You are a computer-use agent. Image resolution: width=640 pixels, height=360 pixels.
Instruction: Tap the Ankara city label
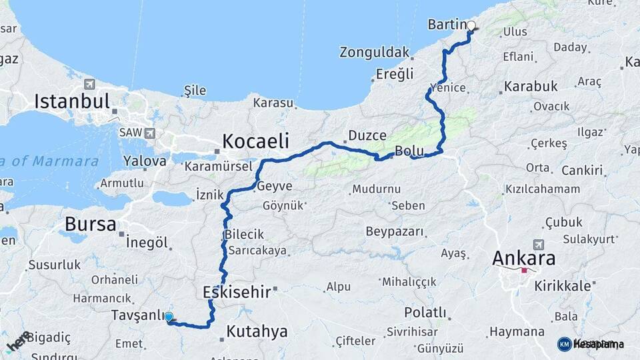(x=524, y=259)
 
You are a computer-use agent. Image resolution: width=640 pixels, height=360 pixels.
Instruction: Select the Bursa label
(x=91, y=224)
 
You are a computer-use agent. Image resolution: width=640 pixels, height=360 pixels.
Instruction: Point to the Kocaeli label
(x=256, y=141)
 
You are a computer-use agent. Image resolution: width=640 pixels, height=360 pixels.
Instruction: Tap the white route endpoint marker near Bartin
(x=471, y=26)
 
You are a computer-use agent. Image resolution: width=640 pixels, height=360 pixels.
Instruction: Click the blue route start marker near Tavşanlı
(x=169, y=317)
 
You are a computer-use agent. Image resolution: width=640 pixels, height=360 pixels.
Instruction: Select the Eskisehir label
(x=237, y=292)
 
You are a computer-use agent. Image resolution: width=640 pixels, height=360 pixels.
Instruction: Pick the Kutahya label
(x=257, y=331)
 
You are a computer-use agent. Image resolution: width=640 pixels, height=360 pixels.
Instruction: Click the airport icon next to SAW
(x=149, y=133)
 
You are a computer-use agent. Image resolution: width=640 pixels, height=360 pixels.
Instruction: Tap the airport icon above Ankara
(x=538, y=245)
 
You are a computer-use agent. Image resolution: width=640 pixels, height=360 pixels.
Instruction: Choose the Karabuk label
(x=531, y=87)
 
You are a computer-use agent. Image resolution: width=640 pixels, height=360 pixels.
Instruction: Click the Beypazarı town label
(x=395, y=232)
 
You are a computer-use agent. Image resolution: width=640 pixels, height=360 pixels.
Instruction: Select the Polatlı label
(x=425, y=313)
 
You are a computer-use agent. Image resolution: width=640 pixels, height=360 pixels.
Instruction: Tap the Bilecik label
(x=244, y=235)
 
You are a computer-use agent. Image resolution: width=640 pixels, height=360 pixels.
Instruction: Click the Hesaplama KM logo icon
(x=564, y=344)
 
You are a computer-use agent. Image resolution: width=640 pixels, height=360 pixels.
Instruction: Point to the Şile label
(x=194, y=91)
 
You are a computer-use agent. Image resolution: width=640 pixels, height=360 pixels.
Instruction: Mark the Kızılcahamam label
(x=543, y=189)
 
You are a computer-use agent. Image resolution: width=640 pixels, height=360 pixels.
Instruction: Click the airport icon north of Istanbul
(x=89, y=85)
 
